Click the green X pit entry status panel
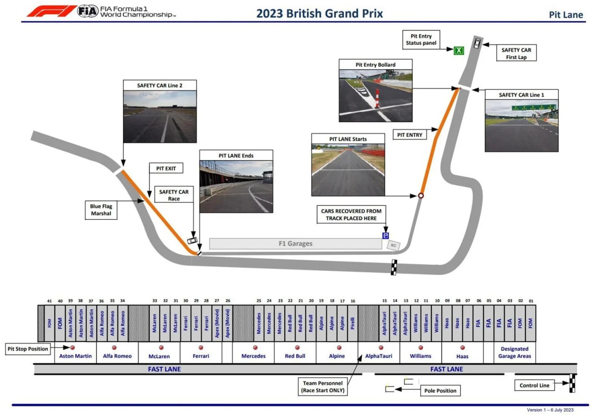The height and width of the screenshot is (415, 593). (459, 50)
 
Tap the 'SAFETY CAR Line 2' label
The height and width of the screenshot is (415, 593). (160, 85)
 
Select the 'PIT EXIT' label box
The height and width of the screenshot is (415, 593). (166, 169)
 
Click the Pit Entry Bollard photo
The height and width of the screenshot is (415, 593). (375, 95)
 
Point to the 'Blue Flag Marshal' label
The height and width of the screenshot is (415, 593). (101, 210)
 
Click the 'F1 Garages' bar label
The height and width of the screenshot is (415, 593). (295, 244)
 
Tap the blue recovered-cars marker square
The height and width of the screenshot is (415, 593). (385, 236)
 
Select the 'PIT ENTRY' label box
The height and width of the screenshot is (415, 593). (409, 135)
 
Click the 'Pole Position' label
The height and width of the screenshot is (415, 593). (440, 391)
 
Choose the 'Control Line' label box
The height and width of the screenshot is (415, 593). (534, 385)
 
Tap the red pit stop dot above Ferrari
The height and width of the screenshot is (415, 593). (201, 348)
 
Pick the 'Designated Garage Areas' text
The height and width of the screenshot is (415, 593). (515, 352)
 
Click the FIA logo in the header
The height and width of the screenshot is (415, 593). (88, 11)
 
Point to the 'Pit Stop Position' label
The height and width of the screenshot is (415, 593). (28, 349)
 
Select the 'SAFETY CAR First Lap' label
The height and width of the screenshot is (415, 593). (516, 53)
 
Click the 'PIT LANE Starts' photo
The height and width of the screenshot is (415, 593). (348, 170)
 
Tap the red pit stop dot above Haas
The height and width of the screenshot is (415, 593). (463, 348)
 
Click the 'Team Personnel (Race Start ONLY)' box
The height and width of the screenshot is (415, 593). (323, 387)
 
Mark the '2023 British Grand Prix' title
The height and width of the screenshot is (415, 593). (319, 13)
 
